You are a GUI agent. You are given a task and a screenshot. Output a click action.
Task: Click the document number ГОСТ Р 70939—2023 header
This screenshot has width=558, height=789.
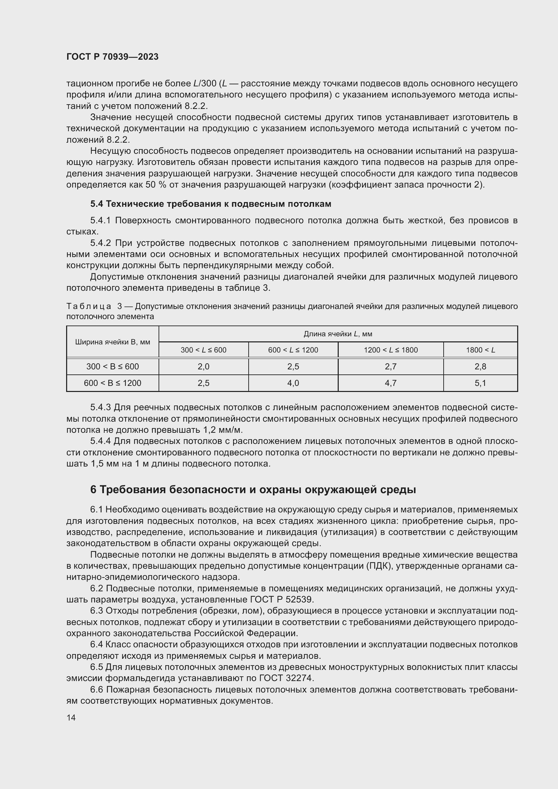click(112, 57)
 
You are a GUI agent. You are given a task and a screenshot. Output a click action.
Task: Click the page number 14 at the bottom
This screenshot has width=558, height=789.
click(71, 717)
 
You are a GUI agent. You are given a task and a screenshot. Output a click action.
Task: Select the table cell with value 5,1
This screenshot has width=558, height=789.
click(480, 383)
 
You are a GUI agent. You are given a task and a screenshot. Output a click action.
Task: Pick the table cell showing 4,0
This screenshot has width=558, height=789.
click(293, 383)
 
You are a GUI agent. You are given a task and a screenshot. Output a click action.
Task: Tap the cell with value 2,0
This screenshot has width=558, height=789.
click(203, 366)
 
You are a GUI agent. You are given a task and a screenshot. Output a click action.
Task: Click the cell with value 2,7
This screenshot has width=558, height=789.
click(391, 366)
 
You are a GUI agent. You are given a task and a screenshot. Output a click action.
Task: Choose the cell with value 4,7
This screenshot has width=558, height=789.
click(391, 383)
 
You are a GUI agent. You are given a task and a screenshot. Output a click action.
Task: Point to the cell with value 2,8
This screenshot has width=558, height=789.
click(480, 366)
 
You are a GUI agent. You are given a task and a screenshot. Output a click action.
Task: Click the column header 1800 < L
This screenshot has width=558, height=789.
click(480, 350)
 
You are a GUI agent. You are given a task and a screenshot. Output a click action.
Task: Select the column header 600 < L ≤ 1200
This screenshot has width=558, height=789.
click(293, 350)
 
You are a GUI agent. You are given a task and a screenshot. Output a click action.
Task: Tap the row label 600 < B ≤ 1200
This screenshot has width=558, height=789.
click(112, 383)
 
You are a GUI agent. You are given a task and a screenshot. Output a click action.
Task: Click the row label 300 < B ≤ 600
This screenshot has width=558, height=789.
click(112, 366)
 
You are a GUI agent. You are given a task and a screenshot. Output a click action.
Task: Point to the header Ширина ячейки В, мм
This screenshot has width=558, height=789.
click(112, 342)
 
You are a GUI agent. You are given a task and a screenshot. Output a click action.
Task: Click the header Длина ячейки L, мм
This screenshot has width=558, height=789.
click(338, 334)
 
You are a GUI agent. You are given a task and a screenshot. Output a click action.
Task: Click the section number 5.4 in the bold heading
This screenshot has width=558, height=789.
click(96, 204)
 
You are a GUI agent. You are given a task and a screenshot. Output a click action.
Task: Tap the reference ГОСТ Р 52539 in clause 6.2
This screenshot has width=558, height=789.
click(280, 600)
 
